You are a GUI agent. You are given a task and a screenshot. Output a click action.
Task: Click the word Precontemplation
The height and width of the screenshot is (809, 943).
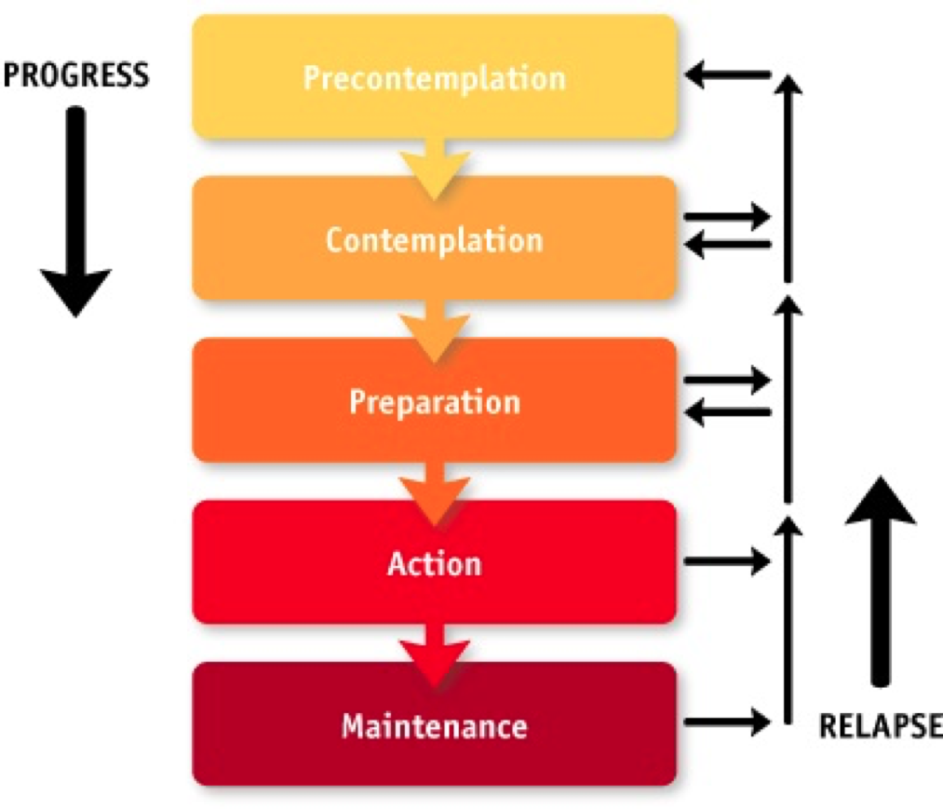(434, 79)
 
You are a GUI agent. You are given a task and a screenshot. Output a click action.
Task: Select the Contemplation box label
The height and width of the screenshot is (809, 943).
(434, 240)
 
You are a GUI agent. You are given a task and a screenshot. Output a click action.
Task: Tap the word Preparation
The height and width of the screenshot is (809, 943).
(434, 402)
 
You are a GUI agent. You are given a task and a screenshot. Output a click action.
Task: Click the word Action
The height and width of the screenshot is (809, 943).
(434, 563)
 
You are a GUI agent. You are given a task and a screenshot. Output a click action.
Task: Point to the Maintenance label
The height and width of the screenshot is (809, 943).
(434, 726)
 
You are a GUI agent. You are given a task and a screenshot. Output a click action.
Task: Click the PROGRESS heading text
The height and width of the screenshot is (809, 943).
(75, 75)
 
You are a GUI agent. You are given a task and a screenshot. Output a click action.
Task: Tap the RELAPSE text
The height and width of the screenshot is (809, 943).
(881, 725)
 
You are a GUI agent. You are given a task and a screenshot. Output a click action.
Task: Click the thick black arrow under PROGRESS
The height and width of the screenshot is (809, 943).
(75, 211)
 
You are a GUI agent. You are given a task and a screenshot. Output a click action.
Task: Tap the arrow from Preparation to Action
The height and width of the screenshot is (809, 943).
(434, 494)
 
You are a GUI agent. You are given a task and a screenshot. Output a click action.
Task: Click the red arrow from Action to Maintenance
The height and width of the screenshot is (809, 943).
(434, 656)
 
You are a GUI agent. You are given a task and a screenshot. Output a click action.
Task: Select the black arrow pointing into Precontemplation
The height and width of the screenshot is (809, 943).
(728, 75)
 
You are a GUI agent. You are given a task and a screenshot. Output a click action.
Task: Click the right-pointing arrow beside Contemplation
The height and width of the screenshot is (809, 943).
(728, 216)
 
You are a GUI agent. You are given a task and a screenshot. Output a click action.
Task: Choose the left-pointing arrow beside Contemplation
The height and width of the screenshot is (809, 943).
(728, 244)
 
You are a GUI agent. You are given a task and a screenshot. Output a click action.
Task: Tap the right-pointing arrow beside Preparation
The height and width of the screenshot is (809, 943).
(728, 380)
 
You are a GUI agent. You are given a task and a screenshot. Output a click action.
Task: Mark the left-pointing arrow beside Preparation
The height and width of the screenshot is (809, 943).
(728, 412)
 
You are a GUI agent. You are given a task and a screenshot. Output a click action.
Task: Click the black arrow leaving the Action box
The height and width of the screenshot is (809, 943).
(728, 561)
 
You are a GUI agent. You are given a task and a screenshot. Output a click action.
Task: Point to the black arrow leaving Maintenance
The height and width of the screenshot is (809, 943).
(728, 721)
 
